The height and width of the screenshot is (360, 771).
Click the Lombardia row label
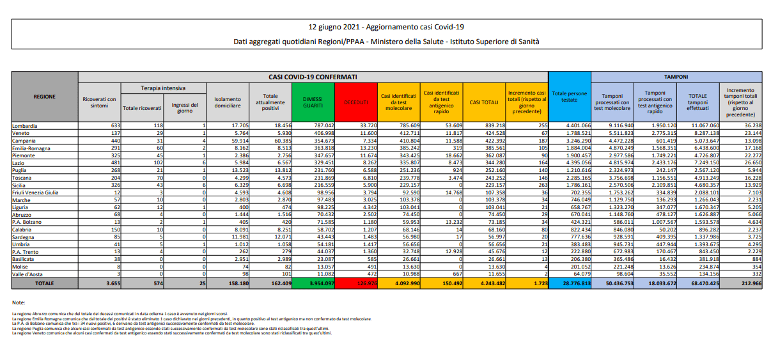[24, 126]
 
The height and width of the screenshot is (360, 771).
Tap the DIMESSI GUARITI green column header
[313, 102]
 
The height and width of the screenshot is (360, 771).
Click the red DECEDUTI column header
[356, 102]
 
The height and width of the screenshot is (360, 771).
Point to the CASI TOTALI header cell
[484, 102]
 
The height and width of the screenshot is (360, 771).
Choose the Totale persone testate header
[569, 97]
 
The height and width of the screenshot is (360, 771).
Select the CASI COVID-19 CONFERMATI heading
[313, 77]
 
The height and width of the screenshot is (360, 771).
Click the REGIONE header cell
[44, 97]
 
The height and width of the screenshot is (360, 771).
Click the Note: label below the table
[18, 301]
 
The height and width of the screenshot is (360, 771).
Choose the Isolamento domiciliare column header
[228, 102]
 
